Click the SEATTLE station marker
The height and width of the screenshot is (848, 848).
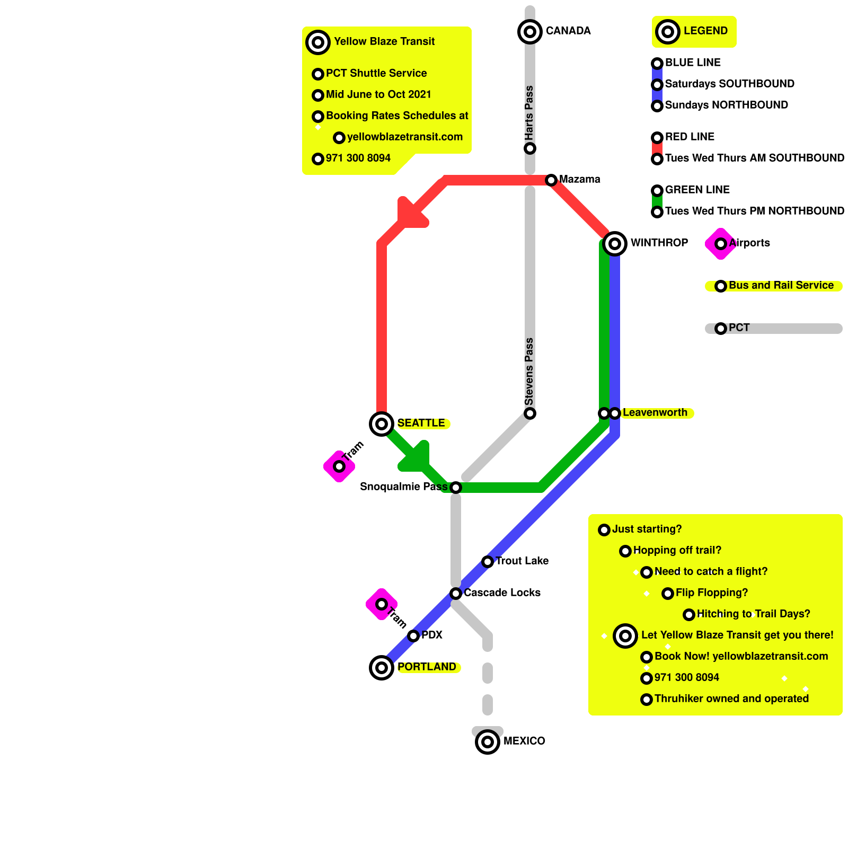(x=382, y=424)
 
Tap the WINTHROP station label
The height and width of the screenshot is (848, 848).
(x=659, y=243)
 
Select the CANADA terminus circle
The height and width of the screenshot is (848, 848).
(x=530, y=32)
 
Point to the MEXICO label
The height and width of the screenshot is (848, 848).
(x=524, y=741)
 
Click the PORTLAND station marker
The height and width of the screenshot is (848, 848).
(x=382, y=668)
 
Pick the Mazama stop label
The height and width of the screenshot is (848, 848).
(x=579, y=179)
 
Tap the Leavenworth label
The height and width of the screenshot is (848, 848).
(x=655, y=412)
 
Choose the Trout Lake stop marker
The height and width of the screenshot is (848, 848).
(x=488, y=562)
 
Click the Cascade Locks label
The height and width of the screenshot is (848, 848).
(x=502, y=593)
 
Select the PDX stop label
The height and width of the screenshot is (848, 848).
(x=431, y=635)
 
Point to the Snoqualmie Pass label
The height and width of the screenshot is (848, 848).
(x=403, y=487)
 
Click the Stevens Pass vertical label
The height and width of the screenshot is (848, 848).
(x=529, y=371)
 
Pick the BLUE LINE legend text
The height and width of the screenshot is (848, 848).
(x=693, y=63)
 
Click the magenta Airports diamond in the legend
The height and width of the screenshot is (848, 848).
(x=720, y=244)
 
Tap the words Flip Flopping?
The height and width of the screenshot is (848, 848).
(x=711, y=593)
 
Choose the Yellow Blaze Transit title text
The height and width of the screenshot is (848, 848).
(x=384, y=41)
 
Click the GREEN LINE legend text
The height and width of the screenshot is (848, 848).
(x=697, y=190)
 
